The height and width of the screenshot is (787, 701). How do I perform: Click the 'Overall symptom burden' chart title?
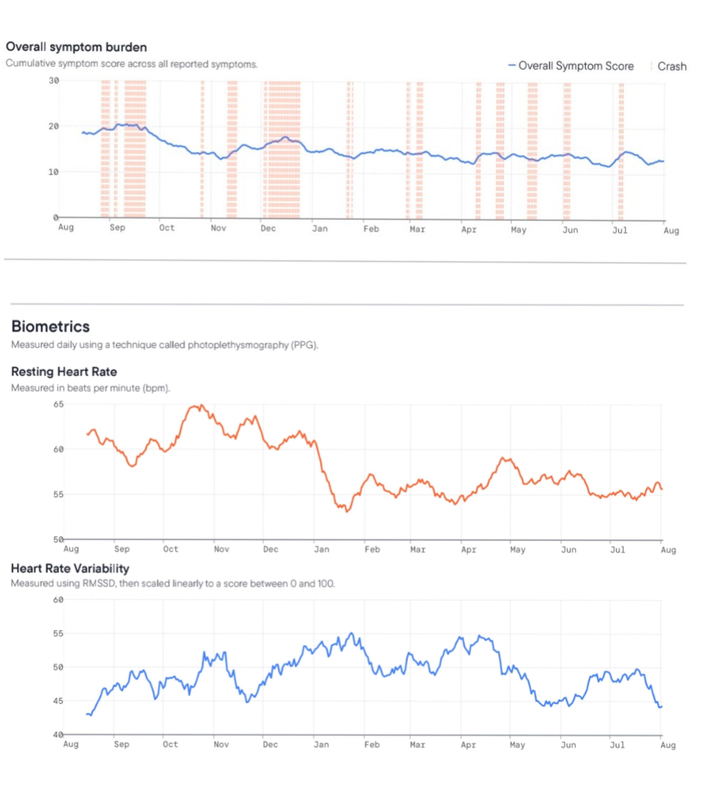coord(76,47)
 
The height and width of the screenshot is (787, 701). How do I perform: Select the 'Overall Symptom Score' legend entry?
coord(571,66)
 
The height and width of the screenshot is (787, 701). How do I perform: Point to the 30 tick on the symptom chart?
coord(54,80)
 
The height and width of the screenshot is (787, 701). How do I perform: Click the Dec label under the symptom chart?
coord(268,228)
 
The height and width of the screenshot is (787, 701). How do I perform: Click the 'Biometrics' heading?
coord(51,327)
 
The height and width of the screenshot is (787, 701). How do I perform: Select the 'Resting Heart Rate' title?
coord(64,371)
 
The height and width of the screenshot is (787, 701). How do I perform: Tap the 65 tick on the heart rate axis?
coord(59,404)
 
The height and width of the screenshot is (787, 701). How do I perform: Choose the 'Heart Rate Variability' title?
coord(70,569)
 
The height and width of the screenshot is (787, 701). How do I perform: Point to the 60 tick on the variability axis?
coord(58,600)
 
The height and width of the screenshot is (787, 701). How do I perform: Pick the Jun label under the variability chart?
coord(568,745)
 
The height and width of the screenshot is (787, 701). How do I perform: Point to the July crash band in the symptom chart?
coord(621,151)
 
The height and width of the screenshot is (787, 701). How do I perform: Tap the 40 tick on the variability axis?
coord(58,735)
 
